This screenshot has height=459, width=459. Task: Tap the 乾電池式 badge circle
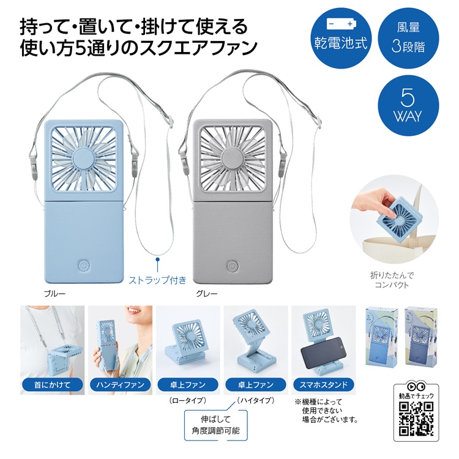click(x=341, y=37)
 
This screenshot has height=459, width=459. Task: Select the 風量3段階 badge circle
click(x=409, y=37)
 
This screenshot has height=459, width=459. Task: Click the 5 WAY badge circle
click(x=409, y=105)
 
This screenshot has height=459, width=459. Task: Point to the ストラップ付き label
click(x=157, y=281)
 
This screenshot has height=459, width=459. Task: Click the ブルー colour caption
click(x=54, y=293)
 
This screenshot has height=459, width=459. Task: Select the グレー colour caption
click(x=206, y=293)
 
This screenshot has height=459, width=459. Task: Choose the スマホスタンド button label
click(x=324, y=385)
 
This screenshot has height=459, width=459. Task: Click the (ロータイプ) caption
click(x=186, y=400)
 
